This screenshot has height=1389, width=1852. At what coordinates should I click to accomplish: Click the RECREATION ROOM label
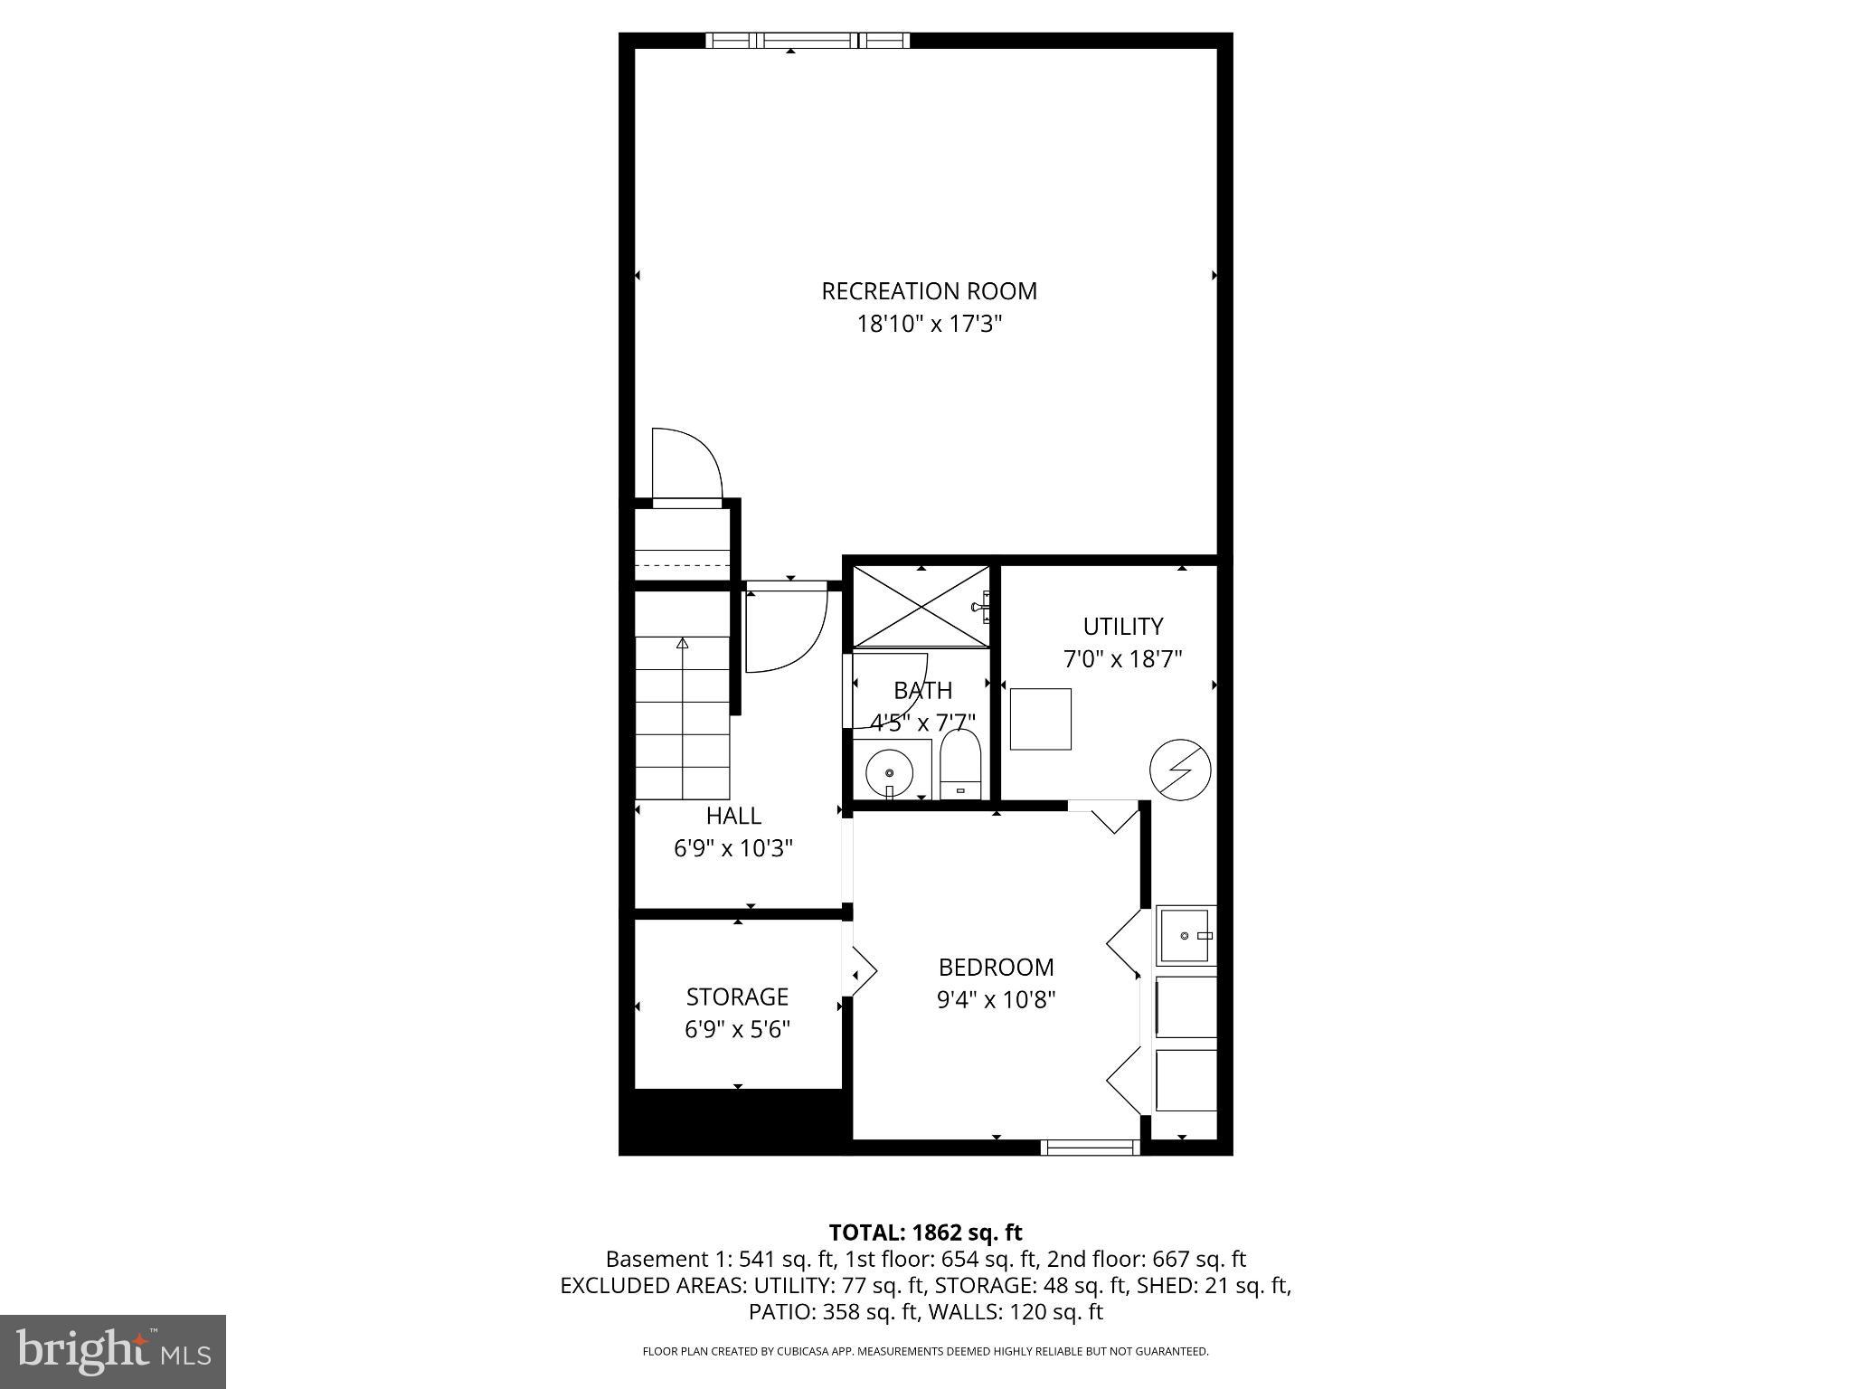[x=929, y=291]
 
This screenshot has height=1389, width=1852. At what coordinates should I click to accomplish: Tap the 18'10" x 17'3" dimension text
[x=930, y=324]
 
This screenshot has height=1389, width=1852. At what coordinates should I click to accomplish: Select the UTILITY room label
[x=1122, y=626]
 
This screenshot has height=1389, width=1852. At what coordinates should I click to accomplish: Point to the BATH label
[x=922, y=691]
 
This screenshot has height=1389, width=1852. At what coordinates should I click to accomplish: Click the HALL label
[x=733, y=816]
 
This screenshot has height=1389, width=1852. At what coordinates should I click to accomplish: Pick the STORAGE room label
[x=737, y=997]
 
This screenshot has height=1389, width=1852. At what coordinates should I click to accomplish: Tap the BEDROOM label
[x=996, y=968]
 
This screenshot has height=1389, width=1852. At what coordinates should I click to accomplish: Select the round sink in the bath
[x=890, y=772]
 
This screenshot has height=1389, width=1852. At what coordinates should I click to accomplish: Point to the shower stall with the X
[x=921, y=607]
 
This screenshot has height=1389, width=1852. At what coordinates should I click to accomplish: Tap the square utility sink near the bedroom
[x=1186, y=935]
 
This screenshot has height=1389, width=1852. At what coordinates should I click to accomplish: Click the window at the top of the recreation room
[x=808, y=40]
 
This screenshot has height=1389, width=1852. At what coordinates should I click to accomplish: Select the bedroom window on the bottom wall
[x=1089, y=1148]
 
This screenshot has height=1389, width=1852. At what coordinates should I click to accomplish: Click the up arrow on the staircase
[x=683, y=644]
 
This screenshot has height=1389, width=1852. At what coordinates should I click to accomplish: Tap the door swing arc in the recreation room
[x=687, y=464]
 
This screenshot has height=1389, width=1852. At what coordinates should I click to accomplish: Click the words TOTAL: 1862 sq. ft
[x=925, y=1233]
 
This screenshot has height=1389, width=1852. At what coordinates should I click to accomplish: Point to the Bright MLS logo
[x=113, y=1351]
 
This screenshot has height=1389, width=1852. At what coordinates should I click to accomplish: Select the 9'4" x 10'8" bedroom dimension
[x=996, y=1000]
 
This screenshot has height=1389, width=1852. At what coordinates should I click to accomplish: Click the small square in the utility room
[x=1040, y=719]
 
